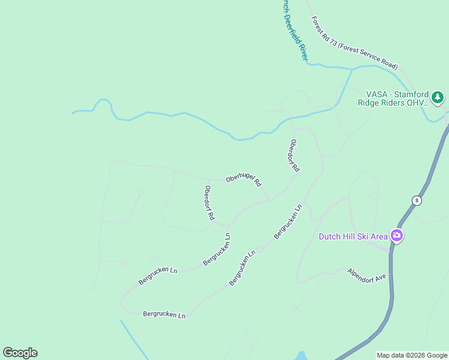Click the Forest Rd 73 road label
[x=354, y=43]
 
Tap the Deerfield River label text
[x=295, y=30]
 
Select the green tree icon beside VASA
[x=438, y=97]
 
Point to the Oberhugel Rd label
[x=244, y=180]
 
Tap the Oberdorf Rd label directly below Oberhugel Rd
[x=209, y=203]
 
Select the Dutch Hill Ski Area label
[x=353, y=236]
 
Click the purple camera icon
[x=396, y=235]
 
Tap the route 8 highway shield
[x=416, y=200]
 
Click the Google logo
[x=20, y=353]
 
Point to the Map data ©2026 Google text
[x=412, y=355]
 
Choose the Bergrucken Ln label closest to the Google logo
[x=164, y=314]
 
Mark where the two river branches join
[x=352, y=70]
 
